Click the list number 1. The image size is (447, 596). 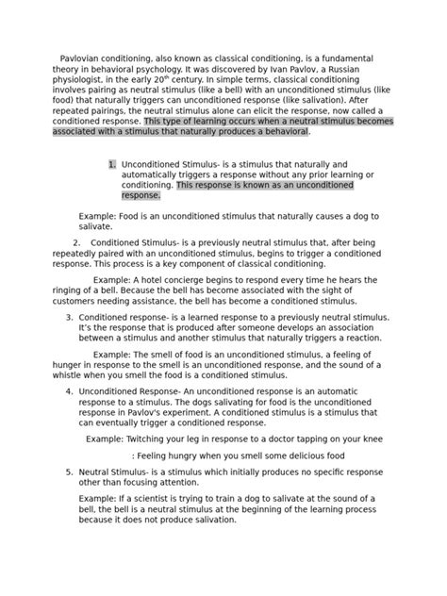(x=112, y=163)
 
